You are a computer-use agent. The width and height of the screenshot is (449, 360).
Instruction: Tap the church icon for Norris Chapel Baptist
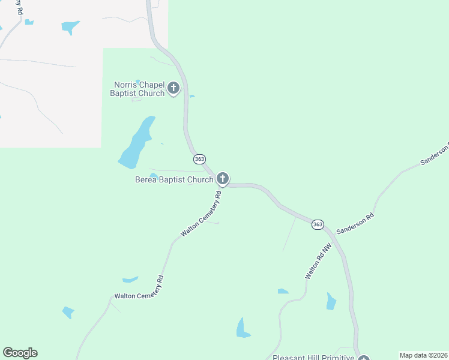pyautogui.click(x=173, y=89)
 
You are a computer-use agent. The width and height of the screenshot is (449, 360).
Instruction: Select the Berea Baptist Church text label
pyautogui.click(x=174, y=179)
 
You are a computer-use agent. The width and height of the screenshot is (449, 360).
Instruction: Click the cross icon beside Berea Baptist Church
pyautogui.click(x=223, y=178)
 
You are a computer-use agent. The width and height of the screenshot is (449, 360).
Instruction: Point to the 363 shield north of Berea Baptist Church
pyautogui.click(x=200, y=159)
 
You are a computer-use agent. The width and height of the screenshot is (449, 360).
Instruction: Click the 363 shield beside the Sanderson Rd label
pyautogui.click(x=318, y=224)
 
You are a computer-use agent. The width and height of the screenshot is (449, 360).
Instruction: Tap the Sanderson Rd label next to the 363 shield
pyautogui.click(x=355, y=223)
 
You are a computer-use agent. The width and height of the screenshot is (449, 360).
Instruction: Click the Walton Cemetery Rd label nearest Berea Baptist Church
pyautogui.click(x=202, y=214)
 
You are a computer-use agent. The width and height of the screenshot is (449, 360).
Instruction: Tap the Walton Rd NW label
pyautogui.click(x=318, y=260)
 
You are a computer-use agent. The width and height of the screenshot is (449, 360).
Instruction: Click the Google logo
pyautogui.click(x=20, y=353)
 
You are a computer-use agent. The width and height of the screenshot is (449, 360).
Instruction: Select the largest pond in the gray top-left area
pyautogui.click(x=70, y=26)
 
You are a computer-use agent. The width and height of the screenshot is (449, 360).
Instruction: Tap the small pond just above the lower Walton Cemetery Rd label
pyautogui.click(x=130, y=280)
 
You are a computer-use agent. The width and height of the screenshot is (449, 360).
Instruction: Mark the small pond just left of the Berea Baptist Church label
pyautogui.click(x=154, y=176)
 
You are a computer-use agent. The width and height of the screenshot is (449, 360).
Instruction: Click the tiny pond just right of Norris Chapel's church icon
pyautogui.click(x=191, y=96)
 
